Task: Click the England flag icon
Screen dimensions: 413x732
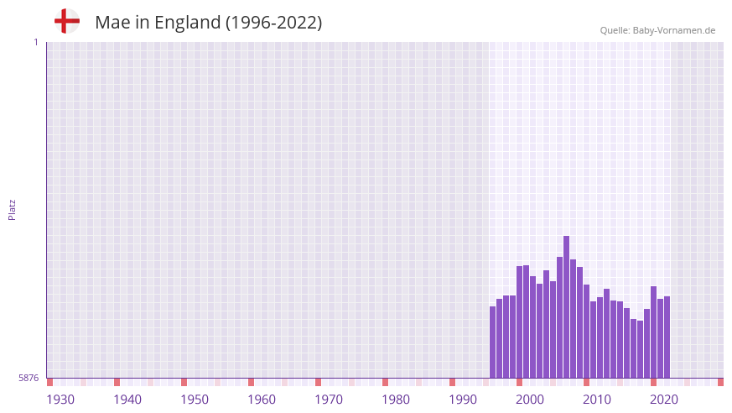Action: (x=67, y=22)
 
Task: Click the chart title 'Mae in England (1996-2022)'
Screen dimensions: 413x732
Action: (x=208, y=23)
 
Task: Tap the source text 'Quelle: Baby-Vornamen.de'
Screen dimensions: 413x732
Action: (x=657, y=30)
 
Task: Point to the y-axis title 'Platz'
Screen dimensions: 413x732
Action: (x=12, y=210)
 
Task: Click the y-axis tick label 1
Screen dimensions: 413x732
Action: (x=35, y=42)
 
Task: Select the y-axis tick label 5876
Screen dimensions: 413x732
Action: (x=29, y=378)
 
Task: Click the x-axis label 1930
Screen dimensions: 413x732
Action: (x=60, y=400)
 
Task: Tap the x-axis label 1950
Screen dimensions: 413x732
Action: (x=195, y=400)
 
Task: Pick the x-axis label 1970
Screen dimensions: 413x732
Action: (x=329, y=400)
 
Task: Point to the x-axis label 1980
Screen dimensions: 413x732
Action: (x=396, y=400)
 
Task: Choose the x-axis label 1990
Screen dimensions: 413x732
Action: (x=463, y=400)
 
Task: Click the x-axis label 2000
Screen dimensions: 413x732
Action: (x=530, y=400)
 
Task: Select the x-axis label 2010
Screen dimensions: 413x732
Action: (x=597, y=400)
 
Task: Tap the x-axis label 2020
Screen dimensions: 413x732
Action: (x=664, y=400)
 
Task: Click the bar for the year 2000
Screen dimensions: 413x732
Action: (x=520, y=322)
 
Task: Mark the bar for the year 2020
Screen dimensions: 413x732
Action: (x=654, y=332)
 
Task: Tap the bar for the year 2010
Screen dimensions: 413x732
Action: (x=587, y=332)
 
